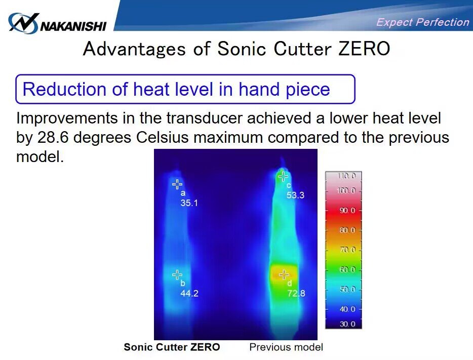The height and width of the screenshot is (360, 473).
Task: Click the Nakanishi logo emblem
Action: tap(23, 23)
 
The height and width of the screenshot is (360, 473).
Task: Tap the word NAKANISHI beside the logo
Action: tap(73, 26)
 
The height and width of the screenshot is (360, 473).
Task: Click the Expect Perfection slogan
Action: tap(423, 22)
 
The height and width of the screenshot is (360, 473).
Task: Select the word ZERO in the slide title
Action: tap(364, 49)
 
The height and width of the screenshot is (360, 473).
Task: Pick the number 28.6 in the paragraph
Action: tap(53, 138)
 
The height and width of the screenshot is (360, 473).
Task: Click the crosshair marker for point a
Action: tap(177, 184)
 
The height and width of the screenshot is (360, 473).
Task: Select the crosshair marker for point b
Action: tap(177, 274)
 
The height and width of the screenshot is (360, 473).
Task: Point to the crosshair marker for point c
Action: tap(283, 176)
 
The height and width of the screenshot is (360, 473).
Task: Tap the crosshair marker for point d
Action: tap(284, 274)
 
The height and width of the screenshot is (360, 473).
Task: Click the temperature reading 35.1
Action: tap(189, 203)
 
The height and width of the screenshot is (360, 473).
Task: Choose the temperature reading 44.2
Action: tap(189, 293)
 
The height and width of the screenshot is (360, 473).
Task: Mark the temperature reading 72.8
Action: tap(296, 293)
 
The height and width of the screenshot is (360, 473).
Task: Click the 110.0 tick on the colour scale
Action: tap(347, 176)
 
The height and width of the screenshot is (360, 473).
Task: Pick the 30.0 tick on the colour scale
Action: tap(347, 324)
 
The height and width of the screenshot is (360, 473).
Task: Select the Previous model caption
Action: tap(286, 347)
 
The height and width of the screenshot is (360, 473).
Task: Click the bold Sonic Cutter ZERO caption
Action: tap(172, 347)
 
